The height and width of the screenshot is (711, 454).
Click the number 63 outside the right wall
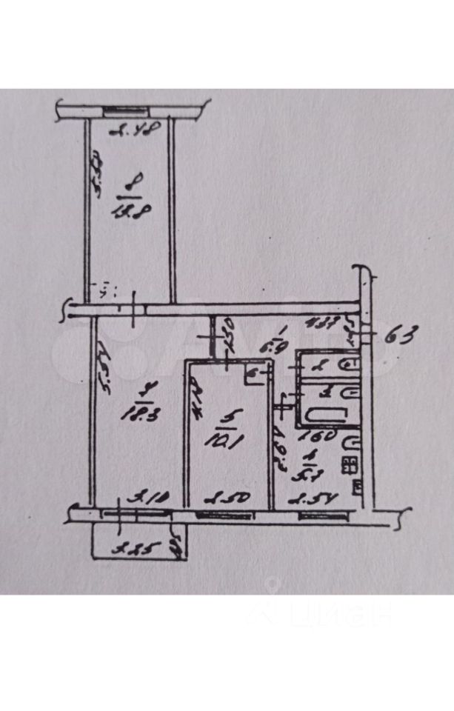(401, 336)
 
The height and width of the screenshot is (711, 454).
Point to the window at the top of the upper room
(130, 112)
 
